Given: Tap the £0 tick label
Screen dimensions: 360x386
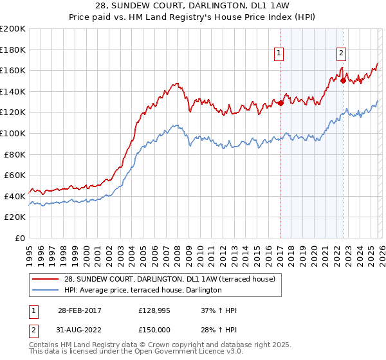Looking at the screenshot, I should coord(20,238).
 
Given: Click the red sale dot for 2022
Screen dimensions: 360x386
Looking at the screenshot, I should coord(344,80).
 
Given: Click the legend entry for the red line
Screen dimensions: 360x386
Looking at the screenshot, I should coord(170,279).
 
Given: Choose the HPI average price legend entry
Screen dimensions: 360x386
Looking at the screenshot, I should coord(143,291).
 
